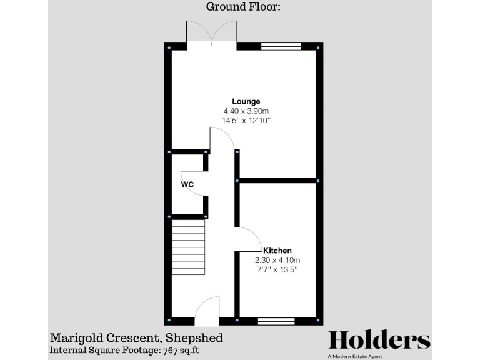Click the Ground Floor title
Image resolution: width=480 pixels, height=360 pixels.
(239, 7)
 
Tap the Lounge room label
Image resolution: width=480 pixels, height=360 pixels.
(246, 101)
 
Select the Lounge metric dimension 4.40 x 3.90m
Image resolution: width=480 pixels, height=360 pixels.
(246, 111)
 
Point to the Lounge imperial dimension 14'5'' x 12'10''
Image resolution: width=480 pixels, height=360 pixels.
(246, 120)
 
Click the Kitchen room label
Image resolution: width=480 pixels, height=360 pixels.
(277, 251)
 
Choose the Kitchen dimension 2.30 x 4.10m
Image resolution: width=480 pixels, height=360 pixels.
(277, 260)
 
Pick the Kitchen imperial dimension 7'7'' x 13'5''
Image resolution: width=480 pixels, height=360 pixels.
(277, 269)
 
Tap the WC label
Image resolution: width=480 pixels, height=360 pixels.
(187, 185)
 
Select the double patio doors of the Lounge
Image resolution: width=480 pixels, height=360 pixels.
(211, 34)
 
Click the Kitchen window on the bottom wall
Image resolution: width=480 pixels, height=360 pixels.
(276, 321)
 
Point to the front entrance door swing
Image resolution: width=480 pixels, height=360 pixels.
(206, 311)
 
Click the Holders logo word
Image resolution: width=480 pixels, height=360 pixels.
(379, 340)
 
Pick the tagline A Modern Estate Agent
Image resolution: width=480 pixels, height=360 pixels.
(379, 356)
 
